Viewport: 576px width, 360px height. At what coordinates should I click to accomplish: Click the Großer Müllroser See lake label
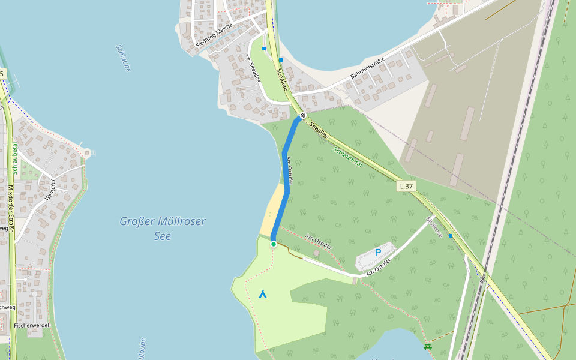pyautogui.click(x=162, y=229)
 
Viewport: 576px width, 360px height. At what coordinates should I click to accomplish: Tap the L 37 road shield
pyautogui.click(x=407, y=187)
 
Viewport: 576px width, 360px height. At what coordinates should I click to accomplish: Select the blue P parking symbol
pyautogui.click(x=378, y=253)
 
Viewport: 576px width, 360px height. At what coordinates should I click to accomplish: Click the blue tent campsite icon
pyautogui.click(x=262, y=294)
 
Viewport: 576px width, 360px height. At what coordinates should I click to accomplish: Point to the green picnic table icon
pyautogui.click(x=428, y=347)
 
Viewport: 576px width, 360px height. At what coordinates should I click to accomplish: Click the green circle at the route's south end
pyautogui.click(x=274, y=244)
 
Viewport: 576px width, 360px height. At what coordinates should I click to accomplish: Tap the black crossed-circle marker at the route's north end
pyautogui.click(x=303, y=115)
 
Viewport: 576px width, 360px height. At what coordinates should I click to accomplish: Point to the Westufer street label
pyautogui.click(x=50, y=190)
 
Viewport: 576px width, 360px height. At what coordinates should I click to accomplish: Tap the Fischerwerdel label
pyautogui.click(x=31, y=325)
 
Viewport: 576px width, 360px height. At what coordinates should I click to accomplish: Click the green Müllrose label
pyautogui.click(x=434, y=227)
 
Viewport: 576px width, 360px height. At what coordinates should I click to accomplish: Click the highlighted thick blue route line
pyautogui.click(x=286, y=174)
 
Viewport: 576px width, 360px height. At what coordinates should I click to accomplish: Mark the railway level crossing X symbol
pyautogui.click(x=482, y=279)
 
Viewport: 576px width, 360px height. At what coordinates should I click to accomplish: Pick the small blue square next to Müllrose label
pyautogui.click(x=451, y=236)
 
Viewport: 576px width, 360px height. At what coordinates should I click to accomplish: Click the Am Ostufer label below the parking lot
pyautogui.click(x=379, y=266)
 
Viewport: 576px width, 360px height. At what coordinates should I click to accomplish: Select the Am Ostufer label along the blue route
pyautogui.click(x=290, y=170)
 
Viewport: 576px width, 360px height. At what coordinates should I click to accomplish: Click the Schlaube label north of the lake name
pyautogui.click(x=124, y=59)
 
